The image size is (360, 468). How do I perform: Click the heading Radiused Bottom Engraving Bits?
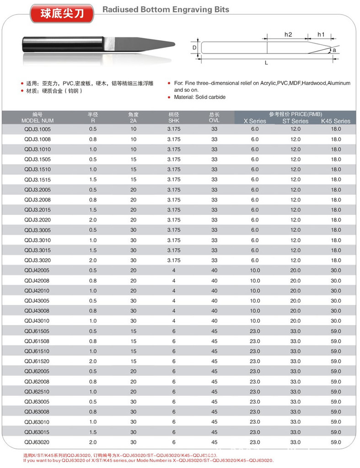[166, 9]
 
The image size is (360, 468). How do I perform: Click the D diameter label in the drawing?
[194, 48]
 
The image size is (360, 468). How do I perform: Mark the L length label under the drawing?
[266, 64]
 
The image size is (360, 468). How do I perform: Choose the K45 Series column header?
[335, 121]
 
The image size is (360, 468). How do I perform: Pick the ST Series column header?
[295, 121]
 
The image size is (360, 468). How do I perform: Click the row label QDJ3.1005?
[38, 129]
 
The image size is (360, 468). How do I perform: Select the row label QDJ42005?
[38, 271]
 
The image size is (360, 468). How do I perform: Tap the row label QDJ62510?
[38, 392]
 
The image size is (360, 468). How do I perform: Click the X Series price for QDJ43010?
[255, 321]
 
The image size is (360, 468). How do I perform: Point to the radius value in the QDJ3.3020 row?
[93, 261]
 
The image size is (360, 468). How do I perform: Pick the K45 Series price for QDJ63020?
[336, 442]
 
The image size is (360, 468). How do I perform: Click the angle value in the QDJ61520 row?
[134, 362]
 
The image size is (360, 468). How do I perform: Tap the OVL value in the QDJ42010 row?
[215, 291]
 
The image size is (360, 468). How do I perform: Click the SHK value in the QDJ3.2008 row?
[174, 200]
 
